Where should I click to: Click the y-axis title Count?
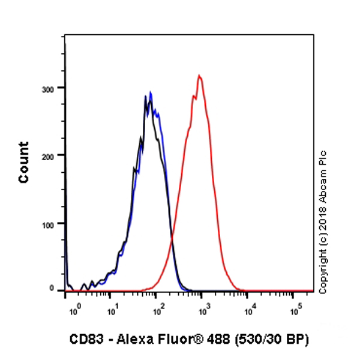24,162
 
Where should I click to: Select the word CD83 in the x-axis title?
83,340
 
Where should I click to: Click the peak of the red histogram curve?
199,76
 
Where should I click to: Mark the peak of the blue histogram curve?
151,92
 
